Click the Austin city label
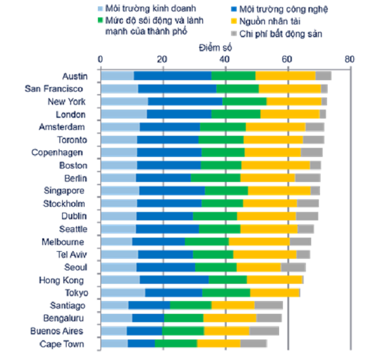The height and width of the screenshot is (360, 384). [76, 76]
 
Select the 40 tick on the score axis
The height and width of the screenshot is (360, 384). [225, 60]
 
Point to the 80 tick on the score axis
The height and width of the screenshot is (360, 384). [349, 60]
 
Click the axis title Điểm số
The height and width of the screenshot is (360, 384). [215, 48]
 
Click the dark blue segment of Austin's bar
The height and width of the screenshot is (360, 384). [173, 76]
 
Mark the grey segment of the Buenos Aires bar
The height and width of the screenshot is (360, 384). [264, 331]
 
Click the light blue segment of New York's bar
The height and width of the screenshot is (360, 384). [124, 102]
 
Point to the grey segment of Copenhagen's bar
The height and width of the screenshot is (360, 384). [312, 152]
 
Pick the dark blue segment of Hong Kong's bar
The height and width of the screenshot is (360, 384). [174, 280]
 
